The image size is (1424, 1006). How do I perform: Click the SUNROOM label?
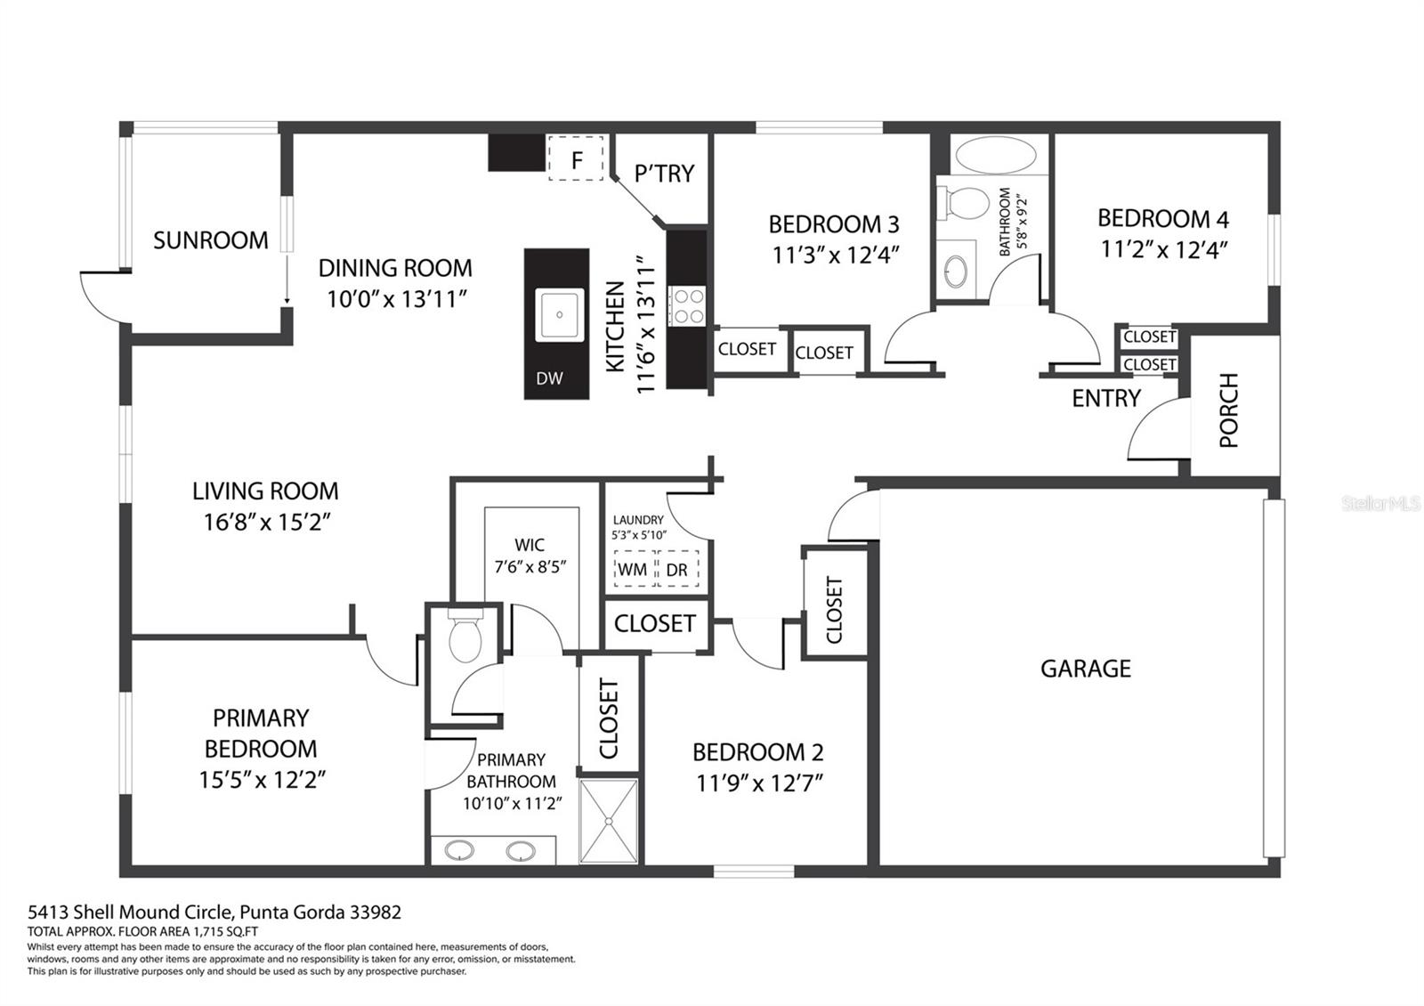coord(210,240)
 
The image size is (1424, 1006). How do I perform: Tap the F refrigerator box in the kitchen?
coord(576,158)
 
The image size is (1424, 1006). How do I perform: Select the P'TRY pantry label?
coord(664,173)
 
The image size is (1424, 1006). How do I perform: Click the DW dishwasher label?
coord(549,378)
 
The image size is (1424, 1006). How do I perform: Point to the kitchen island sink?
coord(560,315)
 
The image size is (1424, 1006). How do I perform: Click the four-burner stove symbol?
coord(688,306)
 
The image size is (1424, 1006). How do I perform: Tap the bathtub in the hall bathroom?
coord(996,155)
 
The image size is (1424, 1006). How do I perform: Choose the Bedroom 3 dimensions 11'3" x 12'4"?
coord(835,255)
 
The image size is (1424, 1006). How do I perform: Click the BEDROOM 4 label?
coord(1162,219)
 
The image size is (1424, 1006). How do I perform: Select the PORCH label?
coord(1229,410)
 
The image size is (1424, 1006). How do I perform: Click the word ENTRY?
coord(1106,399)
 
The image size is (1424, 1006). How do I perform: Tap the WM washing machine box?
coord(634,569)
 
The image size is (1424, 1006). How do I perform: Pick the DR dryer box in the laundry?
coord(678,569)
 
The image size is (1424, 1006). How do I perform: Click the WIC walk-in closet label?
coord(530,545)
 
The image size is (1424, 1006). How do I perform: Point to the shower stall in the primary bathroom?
coord(609,821)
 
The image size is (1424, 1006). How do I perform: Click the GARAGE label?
coord(1086,669)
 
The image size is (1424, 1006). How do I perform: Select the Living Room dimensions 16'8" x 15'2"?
coord(267,522)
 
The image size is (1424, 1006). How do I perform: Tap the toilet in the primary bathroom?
coord(465,636)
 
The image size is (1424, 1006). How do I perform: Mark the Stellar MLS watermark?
coord(1380,504)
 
